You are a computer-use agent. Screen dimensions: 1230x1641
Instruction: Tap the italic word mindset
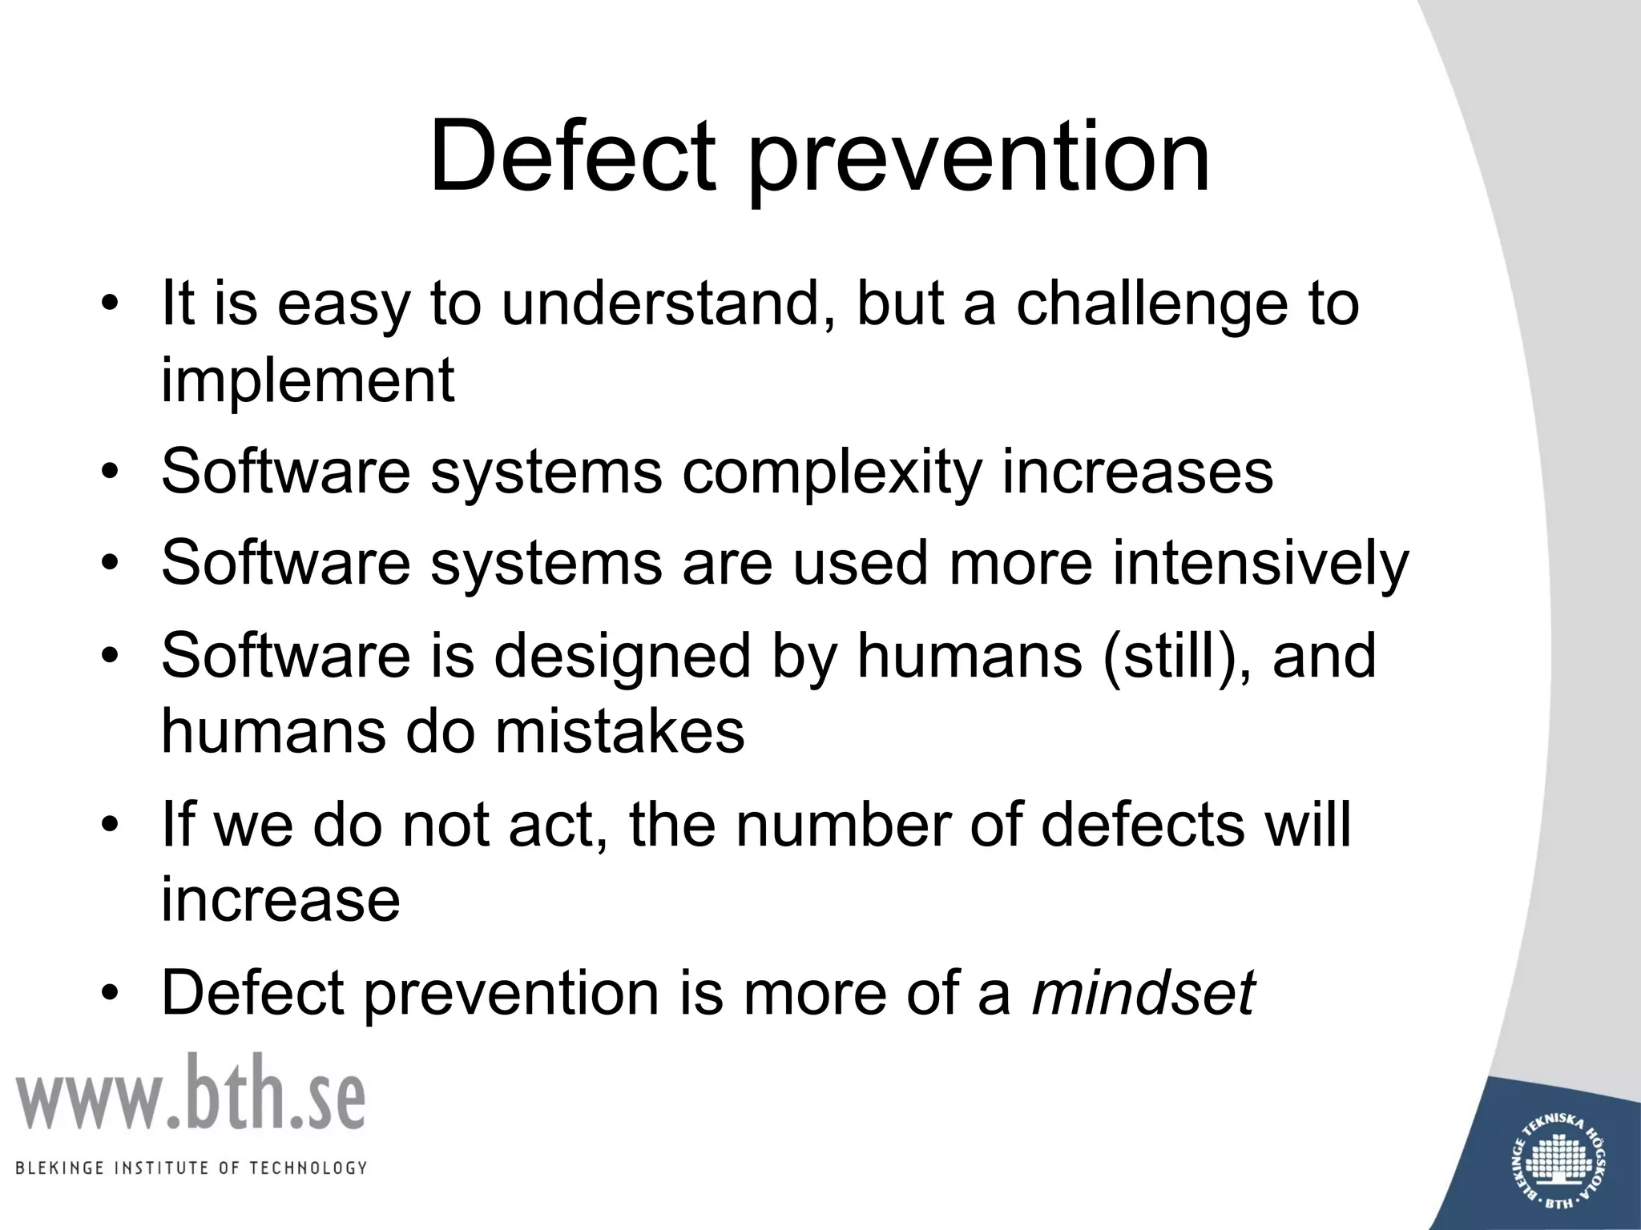1143,993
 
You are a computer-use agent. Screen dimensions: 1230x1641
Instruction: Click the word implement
308,382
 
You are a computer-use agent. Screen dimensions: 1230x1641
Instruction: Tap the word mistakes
619,731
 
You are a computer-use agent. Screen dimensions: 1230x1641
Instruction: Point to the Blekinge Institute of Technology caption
192,1168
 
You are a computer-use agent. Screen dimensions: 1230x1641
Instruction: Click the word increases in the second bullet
1137,472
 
